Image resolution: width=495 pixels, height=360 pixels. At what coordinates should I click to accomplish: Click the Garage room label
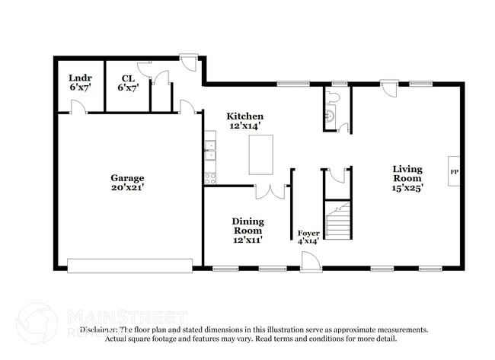126,183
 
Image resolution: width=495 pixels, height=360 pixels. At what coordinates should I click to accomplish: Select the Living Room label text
408,177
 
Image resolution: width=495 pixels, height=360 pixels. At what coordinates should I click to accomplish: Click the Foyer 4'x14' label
308,237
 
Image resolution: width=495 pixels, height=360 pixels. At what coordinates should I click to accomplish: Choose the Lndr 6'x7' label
78,83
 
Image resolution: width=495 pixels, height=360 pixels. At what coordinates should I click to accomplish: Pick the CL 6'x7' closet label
128,83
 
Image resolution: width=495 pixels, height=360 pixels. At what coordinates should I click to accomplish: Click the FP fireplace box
454,172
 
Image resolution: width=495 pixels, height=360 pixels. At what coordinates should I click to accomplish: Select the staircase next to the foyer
340,220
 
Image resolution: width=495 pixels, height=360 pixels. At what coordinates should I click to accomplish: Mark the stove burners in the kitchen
210,178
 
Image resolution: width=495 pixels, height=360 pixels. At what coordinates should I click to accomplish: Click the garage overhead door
129,266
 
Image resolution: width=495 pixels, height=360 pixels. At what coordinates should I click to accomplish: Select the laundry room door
77,107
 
